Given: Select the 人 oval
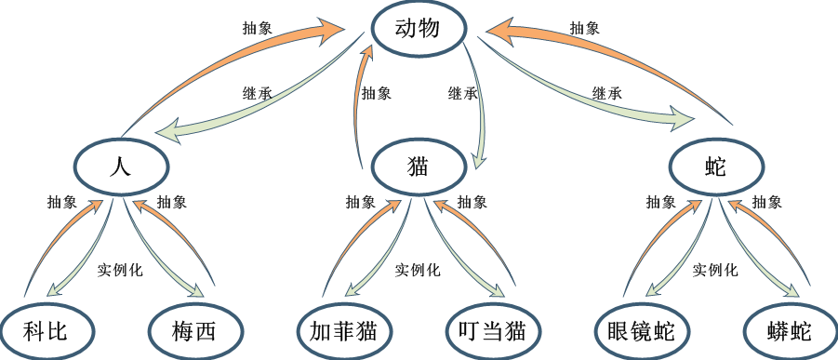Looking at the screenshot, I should tap(122, 167).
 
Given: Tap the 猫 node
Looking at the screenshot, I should tap(418, 167).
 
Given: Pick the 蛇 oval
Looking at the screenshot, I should tap(716, 167).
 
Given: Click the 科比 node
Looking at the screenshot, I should tap(47, 329).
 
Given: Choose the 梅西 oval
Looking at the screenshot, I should tap(195, 329).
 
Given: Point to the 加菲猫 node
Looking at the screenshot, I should tap(344, 329).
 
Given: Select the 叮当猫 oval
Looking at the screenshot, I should tap(493, 329).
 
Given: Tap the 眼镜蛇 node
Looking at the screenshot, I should tap(643, 329).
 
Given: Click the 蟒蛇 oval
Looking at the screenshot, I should tap(791, 329).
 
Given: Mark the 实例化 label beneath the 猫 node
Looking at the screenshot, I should tap(418, 270).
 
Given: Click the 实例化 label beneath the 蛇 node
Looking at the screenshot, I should tap(715, 270).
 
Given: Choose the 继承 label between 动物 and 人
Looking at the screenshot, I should tap(258, 93).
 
